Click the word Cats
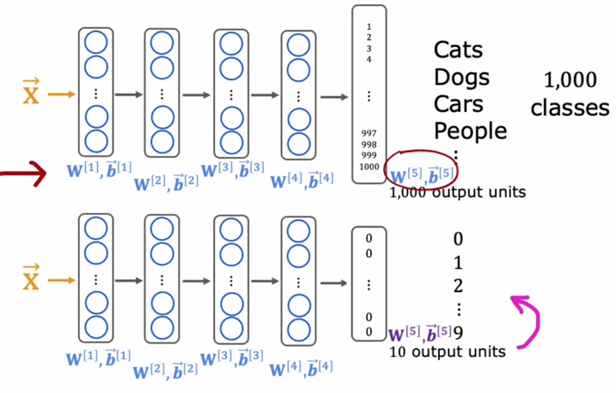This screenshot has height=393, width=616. [x=458, y=50]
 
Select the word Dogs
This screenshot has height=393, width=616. [x=461, y=77]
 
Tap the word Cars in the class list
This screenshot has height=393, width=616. [x=458, y=104]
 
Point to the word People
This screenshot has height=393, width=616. [x=470, y=130]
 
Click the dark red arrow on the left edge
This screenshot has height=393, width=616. [x=24, y=173]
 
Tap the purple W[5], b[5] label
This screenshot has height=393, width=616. [x=420, y=334]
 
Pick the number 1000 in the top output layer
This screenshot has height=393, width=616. [x=369, y=166]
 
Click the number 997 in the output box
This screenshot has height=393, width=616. [x=369, y=133]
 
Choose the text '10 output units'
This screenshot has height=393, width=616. [x=448, y=352]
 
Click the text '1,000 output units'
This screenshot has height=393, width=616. [x=458, y=192]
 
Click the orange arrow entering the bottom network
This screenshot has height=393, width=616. [x=61, y=280]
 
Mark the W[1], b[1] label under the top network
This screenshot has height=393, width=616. [x=98, y=171]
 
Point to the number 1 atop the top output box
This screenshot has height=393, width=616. [x=369, y=26]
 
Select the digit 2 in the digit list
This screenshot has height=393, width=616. [x=458, y=286]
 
